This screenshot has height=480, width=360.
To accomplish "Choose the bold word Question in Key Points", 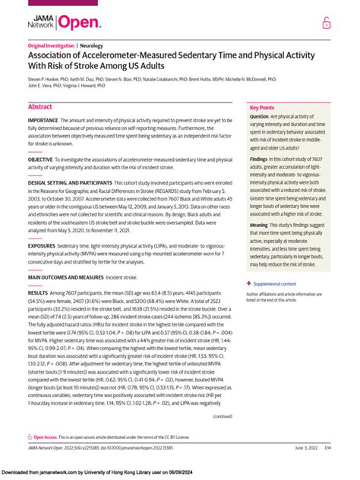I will [x=260, y=118].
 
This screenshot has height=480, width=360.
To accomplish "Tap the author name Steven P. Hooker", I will [x=45, y=78].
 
